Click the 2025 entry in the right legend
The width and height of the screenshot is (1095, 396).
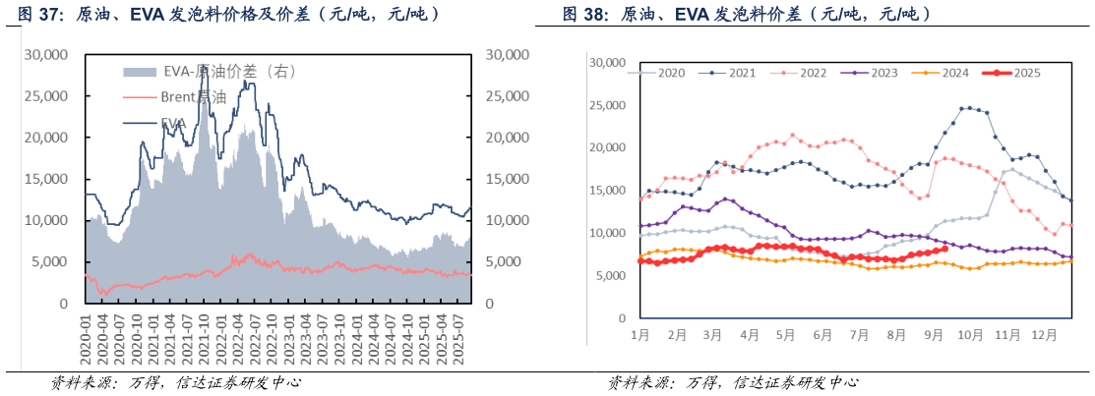[x=1026, y=73]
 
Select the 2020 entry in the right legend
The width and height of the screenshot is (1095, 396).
[x=672, y=73]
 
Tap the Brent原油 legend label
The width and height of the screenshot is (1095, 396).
[x=194, y=97]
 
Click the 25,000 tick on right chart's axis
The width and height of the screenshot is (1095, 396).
[x=607, y=105]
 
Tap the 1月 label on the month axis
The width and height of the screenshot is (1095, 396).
[x=639, y=335]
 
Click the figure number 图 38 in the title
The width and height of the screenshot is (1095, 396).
[x=582, y=15]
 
